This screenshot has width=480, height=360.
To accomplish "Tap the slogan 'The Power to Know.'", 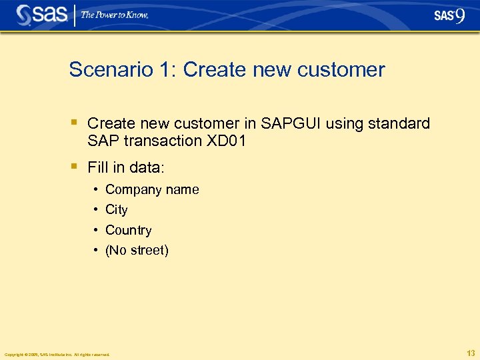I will click(x=115, y=15).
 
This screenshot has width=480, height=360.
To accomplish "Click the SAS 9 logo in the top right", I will click(x=449, y=15).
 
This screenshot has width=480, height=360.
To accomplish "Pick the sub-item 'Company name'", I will click(x=152, y=190).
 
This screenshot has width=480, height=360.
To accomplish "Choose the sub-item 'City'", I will click(x=117, y=210).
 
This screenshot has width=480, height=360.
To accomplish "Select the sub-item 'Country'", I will click(x=129, y=230).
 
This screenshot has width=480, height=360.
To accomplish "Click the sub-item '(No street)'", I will click(x=137, y=251).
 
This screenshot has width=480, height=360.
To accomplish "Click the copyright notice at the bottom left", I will click(x=57, y=354).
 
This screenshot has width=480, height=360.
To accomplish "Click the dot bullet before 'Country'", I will click(x=97, y=230).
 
